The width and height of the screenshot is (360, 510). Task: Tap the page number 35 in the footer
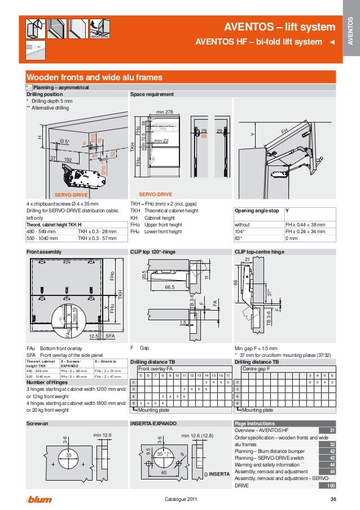[333, 499]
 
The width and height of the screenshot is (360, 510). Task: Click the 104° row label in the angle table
[240, 231]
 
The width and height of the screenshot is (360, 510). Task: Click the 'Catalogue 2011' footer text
[180, 499]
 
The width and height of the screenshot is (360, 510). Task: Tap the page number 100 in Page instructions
[331, 486]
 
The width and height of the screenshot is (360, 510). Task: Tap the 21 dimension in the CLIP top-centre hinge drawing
[247, 259]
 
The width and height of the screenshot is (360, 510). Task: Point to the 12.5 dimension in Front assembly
[94, 335]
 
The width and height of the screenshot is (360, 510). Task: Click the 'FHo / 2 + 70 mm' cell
[109, 370]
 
